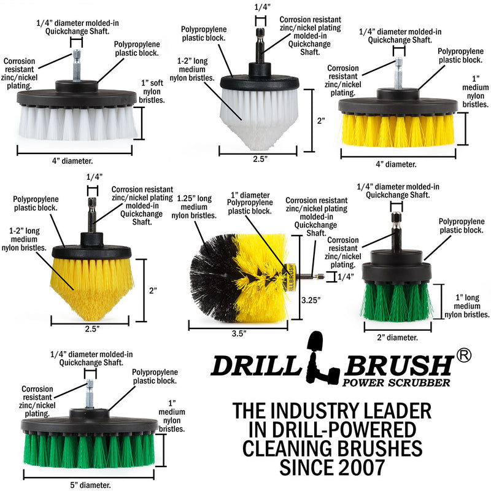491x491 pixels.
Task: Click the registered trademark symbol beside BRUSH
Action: [463, 356]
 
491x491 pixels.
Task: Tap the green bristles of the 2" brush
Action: [393, 301]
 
